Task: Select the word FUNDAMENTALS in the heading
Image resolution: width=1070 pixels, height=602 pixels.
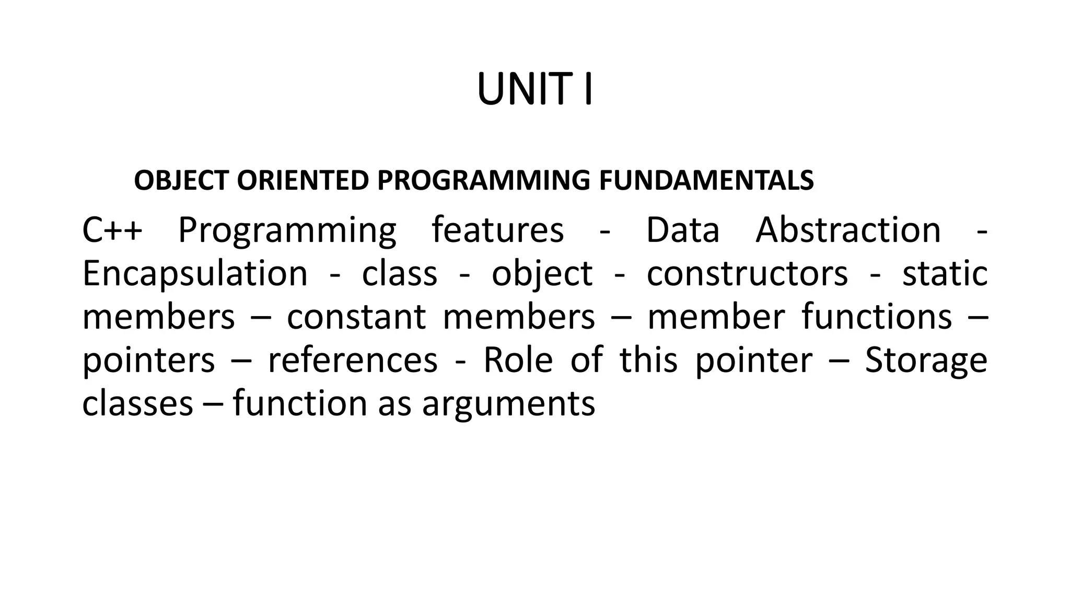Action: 706,181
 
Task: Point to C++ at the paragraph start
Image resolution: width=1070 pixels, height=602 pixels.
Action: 112,230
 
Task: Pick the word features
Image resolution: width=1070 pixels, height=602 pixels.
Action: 497,230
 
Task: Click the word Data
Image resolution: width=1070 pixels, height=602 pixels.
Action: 682,230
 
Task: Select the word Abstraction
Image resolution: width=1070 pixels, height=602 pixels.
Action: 848,230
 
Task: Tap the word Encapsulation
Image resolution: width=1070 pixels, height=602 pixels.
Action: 195,274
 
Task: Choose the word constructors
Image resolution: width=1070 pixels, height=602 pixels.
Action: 747,274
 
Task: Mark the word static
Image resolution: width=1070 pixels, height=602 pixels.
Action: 945,274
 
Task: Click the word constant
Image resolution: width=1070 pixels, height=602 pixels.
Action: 356,317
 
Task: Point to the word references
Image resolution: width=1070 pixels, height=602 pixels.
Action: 353,361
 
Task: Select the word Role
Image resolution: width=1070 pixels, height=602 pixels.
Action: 518,361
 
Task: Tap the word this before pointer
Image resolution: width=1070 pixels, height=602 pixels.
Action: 648,361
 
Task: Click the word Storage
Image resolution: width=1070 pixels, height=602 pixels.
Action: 926,361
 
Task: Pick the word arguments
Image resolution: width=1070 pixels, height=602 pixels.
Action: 508,404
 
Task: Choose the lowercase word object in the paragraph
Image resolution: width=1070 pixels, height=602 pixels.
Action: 542,274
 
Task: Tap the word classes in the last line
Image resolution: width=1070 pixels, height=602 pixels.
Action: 138,404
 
